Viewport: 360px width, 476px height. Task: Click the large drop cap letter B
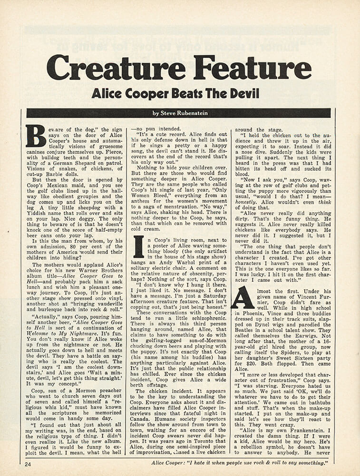[36, 136]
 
